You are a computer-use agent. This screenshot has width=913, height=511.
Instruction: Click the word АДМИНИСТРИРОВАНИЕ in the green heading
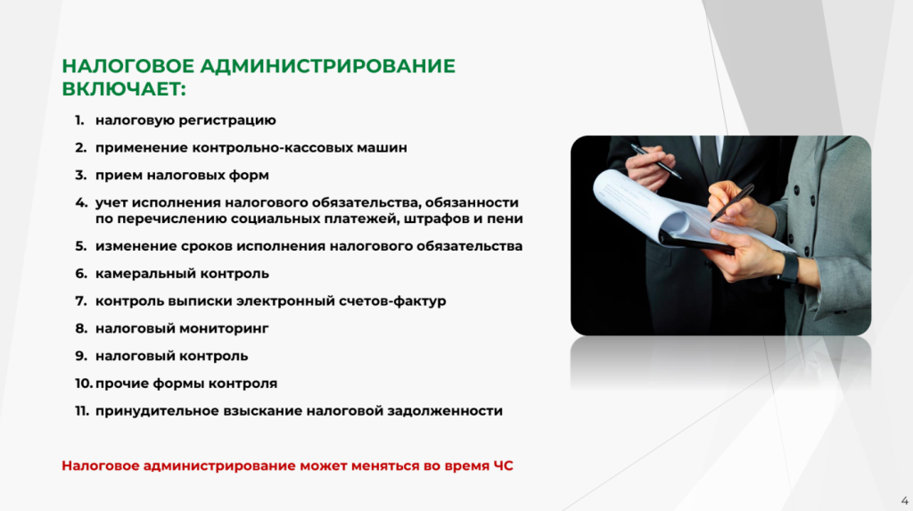click(x=328, y=66)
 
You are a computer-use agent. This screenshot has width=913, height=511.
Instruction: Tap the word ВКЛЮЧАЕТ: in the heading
click(x=124, y=89)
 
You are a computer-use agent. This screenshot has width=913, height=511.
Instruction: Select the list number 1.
click(x=79, y=120)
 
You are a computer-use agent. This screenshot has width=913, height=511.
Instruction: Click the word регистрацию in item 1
click(x=227, y=120)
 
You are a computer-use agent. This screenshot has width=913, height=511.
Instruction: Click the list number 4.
click(x=81, y=202)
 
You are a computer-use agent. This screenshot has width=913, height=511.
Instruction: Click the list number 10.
click(x=84, y=383)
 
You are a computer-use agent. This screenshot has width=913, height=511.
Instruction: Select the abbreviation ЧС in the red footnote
click(x=504, y=466)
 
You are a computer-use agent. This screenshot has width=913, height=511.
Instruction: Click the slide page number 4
click(x=904, y=501)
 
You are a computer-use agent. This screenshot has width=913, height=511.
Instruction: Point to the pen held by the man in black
click(x=655, y=161)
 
